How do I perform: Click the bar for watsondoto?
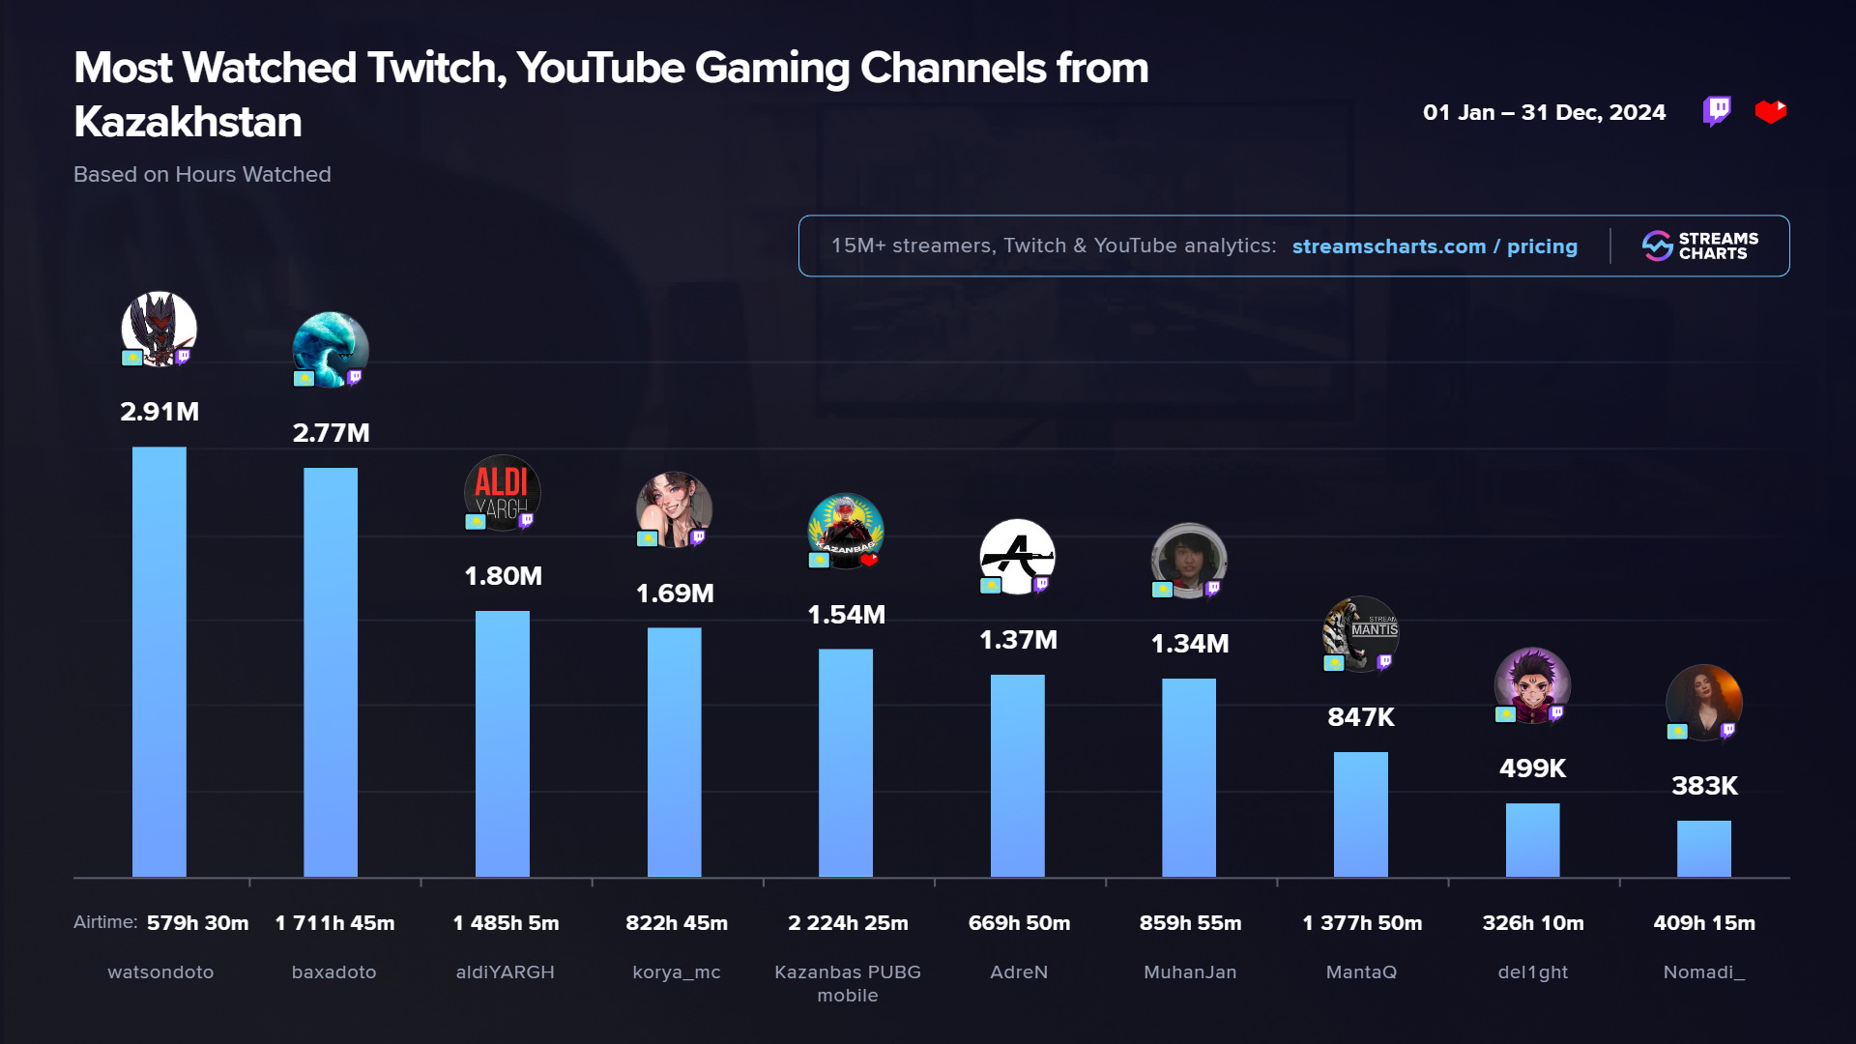point(159,662)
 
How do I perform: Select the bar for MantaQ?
point(1361,815)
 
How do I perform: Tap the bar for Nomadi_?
point(1704,849)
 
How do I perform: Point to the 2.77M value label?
point(332,433)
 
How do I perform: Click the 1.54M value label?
point(847,615)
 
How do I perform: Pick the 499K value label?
point(1532,768)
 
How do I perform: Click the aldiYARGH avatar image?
point(503,493)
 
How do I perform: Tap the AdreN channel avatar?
point(1017,557)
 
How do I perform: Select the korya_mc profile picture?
point(674,509)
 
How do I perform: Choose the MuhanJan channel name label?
point(1190,972)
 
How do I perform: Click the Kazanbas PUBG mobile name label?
point(848,983)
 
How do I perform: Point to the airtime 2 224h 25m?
point(848,923)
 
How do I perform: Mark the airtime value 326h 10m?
point(1533,923)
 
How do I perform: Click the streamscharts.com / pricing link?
point(1435,246)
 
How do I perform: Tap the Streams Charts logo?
point(1699,246)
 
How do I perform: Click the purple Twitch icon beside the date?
point(1717,112)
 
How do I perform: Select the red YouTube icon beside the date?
point(1771,112)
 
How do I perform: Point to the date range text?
point(1544,112)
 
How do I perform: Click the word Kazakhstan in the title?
point(188,122)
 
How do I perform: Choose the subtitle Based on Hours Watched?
point(202,175)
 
